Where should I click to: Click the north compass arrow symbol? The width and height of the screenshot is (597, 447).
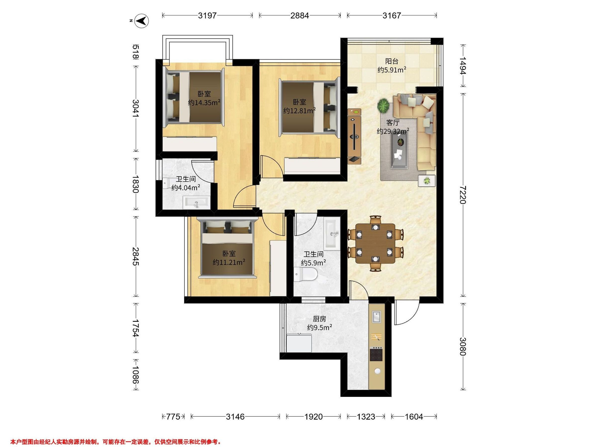coord(142,20)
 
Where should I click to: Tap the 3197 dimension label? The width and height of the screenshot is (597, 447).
coord(207,16)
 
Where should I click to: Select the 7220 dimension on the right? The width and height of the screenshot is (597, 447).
coord(463,195)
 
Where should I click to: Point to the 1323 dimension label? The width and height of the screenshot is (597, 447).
coord(366,417)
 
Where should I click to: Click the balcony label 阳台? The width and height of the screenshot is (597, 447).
coord(392,61)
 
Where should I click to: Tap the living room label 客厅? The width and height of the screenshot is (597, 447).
coord(393,123)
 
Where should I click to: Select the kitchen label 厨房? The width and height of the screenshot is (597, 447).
coord(320,319)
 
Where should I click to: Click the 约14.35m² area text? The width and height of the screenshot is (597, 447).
coord(204,103)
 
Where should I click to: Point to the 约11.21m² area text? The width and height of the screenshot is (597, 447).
coord(229,262)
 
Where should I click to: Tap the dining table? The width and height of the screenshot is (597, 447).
coord(375,243)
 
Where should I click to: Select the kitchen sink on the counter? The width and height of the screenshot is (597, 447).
coord(377,317)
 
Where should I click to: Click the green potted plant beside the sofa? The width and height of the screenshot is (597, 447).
coord(383,105)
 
